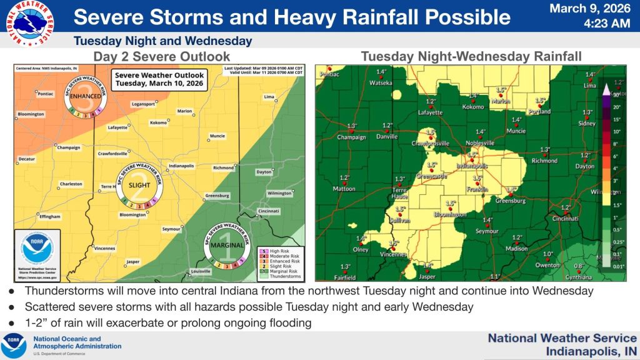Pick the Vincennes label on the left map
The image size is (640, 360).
87,248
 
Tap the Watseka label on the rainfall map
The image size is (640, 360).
381,82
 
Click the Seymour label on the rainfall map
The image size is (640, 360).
487,231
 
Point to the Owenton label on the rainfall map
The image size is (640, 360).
547,264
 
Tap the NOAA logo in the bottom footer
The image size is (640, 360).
13,346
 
